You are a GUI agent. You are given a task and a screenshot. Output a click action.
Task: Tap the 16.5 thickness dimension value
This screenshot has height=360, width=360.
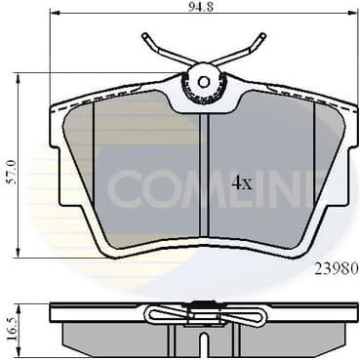[13, 323]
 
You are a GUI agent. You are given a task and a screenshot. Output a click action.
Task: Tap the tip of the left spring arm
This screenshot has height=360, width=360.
[143, 36]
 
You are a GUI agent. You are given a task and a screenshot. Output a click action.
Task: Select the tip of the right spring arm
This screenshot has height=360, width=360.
[264, 36]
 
